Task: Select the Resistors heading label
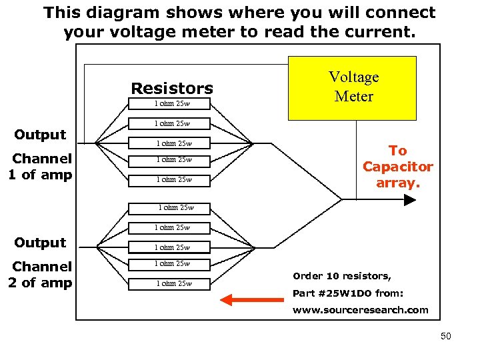click(172, 88)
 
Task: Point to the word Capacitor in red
click(397, 167)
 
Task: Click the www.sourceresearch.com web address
click(360, 310)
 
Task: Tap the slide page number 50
click(445, 336)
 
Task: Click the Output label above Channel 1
click(40, 135)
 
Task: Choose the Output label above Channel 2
click(40, 243)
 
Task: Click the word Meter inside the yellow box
click(354, 97)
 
